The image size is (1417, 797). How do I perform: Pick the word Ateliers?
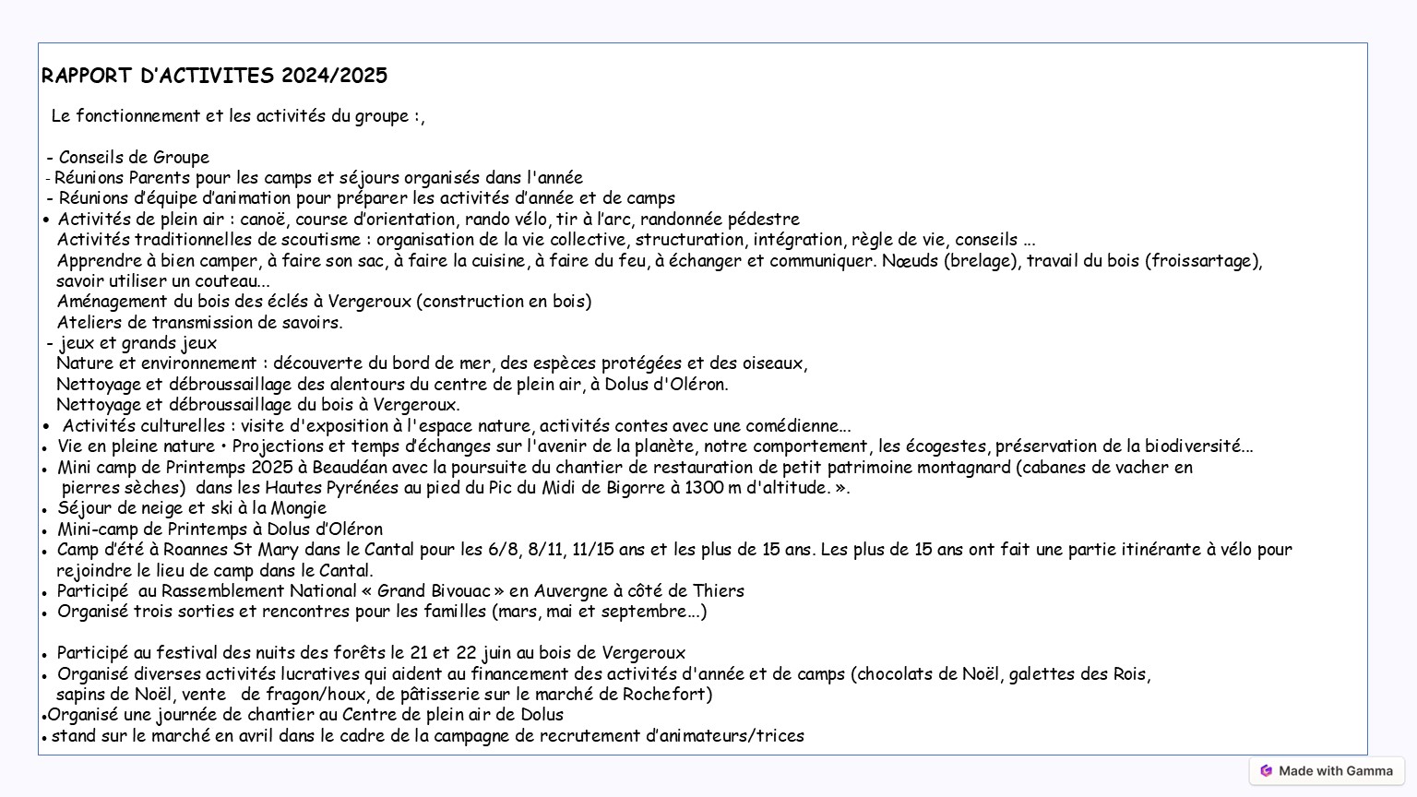click(89, 323)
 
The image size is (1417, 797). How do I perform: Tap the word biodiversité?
click(1200, 446)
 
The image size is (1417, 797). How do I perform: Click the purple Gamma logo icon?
click(1267, 771)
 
